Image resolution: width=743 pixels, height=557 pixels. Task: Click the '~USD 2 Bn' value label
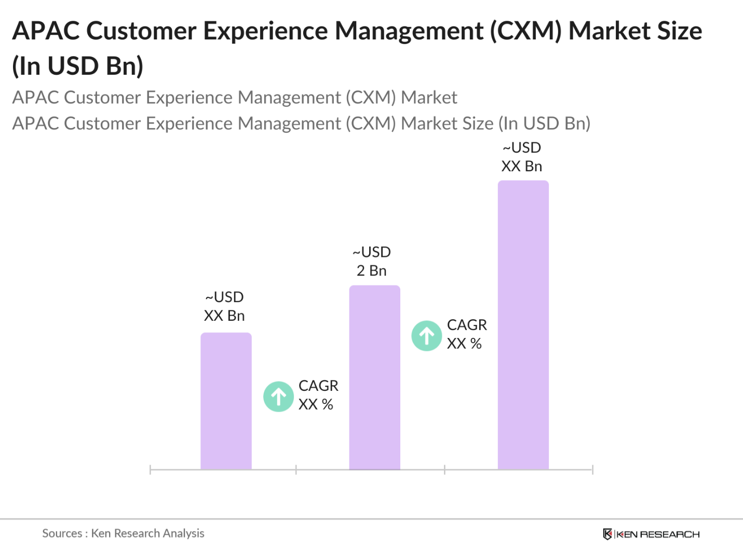(372, 262)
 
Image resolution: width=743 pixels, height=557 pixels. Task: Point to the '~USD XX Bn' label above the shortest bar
(224, 307)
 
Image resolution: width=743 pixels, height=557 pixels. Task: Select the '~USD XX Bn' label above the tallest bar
(522, 157)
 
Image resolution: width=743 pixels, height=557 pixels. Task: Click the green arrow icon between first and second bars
(279, 397)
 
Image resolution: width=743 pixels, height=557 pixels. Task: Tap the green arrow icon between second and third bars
(427, 336)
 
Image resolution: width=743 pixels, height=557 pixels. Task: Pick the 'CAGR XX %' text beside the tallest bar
(467, 334)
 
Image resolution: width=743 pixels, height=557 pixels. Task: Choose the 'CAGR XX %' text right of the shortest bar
(318, 395)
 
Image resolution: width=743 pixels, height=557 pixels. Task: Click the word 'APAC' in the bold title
(46, 31)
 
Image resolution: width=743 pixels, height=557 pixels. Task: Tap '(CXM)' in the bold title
(526, 31)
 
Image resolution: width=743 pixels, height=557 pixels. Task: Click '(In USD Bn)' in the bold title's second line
(78, 66)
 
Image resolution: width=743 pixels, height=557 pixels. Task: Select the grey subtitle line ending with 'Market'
(235, 98)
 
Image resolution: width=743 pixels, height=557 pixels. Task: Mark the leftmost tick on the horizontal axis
(150, 470)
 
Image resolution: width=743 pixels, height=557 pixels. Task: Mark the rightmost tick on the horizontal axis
(592, 470)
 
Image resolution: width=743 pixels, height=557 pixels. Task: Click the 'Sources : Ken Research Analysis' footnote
(123, 533)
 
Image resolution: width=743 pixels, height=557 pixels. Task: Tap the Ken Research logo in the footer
(651, 534)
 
